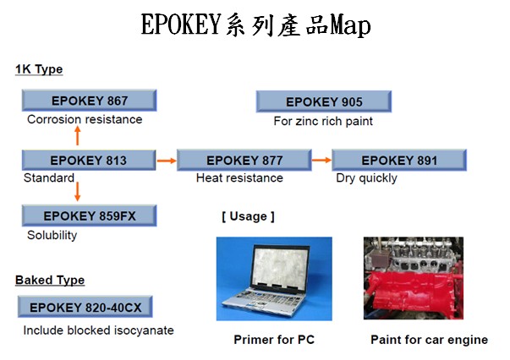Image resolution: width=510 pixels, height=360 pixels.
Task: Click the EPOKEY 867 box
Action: (89, 101)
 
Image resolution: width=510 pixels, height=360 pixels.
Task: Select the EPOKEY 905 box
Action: (324, 101)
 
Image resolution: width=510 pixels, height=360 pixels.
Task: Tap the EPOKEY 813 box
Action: (89, 160)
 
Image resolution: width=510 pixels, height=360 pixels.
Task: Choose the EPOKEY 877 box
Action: (244, 160)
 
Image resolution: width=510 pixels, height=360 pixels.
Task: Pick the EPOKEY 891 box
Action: (399, 160)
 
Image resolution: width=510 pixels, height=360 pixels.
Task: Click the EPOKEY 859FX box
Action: (89, 215)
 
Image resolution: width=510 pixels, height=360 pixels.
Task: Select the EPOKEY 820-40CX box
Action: (85, 307)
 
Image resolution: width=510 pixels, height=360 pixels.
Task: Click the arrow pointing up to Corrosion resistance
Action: (78, 135)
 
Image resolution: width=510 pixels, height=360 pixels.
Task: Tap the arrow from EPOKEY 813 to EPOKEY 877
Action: (167, 161)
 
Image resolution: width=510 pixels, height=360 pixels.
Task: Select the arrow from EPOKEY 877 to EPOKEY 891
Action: (321, 160)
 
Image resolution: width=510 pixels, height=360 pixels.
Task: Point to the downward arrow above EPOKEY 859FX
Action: (78, 192)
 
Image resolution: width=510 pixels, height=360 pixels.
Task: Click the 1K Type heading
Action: (39, 69)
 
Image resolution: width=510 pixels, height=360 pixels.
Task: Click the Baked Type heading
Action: (50, 280)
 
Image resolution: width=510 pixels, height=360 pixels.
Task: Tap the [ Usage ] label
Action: (248, 216)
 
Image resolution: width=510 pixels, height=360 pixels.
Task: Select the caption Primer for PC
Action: (274, 340)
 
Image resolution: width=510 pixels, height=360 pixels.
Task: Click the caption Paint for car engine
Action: (430, 340)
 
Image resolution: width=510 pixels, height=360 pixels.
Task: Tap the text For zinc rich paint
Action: (323, 121)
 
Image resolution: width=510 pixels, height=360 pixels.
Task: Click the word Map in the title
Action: (350, 25)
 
